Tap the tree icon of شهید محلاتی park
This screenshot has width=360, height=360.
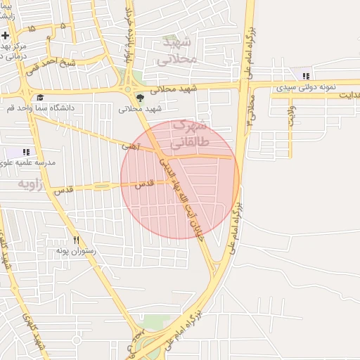(141, 98)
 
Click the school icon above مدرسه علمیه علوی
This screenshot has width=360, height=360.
(27, 151)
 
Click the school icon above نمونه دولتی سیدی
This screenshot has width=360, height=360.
(305, 76)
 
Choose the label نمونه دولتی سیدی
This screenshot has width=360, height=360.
(305, 88)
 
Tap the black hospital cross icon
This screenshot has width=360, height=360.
(5, 35)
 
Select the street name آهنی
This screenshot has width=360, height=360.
(131, 146)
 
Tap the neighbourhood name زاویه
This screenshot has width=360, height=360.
(31, 184)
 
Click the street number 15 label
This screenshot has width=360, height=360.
(31, 27)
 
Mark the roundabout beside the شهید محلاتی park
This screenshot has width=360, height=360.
(129, 89)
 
